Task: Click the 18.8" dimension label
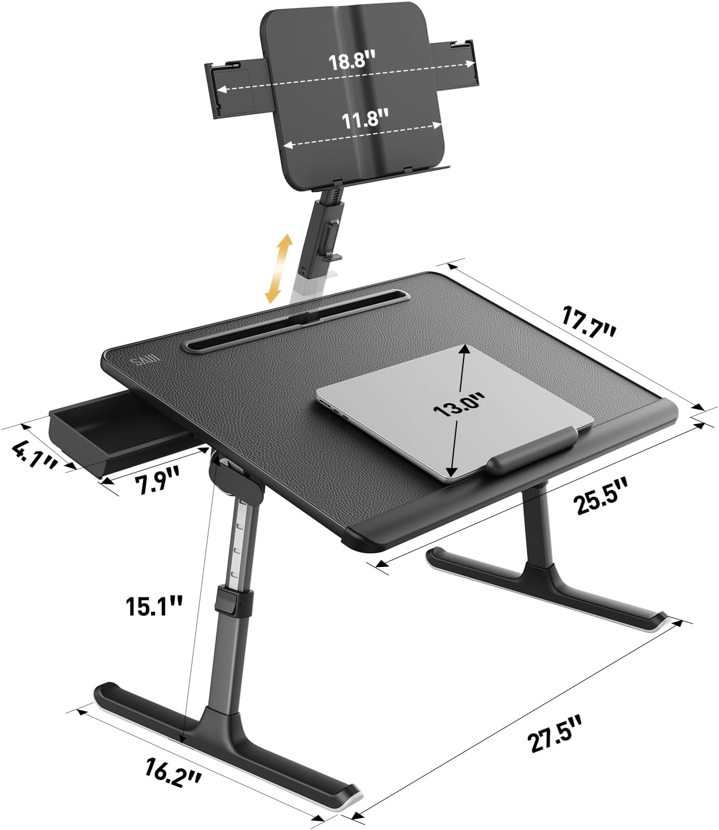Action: (x=351, y=61)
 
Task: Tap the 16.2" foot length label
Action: (x=172, y=771)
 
